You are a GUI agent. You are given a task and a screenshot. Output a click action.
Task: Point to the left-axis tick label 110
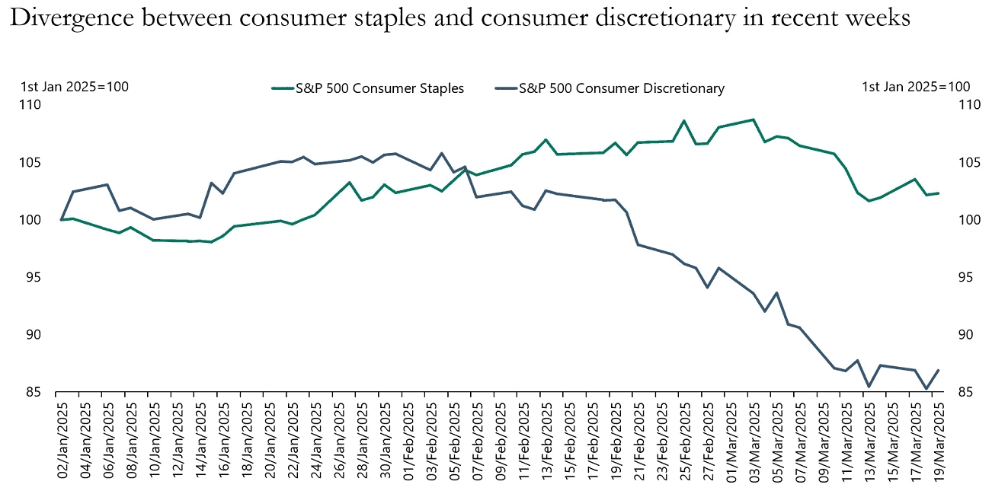[x=33, y=105]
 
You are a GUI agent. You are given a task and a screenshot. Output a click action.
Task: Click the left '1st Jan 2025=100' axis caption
[x=74, y=86]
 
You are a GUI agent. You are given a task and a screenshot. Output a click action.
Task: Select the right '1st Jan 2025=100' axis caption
[x=916, y=86]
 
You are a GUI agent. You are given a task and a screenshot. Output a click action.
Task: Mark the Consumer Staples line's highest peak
[x=753, y=120]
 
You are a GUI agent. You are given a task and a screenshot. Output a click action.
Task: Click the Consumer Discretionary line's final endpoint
[x=938, y=371]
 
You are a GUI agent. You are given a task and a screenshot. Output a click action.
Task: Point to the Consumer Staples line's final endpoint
[x=938, y=193]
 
